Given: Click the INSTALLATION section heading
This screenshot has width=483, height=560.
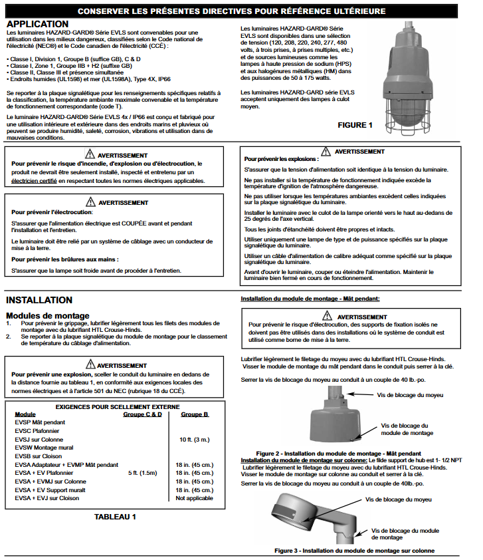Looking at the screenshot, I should (x=39, y=300).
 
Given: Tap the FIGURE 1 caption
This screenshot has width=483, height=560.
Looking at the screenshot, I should (x=355, y=125).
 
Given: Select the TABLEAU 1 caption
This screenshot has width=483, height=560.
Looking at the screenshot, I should (x=115, y=516).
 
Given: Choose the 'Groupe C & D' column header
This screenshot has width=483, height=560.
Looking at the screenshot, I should (x=142, y=414).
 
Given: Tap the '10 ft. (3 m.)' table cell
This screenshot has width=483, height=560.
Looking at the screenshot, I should (x=195, y=440).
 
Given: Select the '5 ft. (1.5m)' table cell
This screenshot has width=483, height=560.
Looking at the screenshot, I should (x=142, y=473).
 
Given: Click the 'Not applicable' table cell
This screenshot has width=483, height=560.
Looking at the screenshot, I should (x=194, y=498).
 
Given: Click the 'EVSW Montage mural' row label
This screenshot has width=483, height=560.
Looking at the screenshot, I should (x=44, y=448).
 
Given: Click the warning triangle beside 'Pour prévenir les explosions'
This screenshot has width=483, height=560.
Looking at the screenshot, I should (x=325, y=152).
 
